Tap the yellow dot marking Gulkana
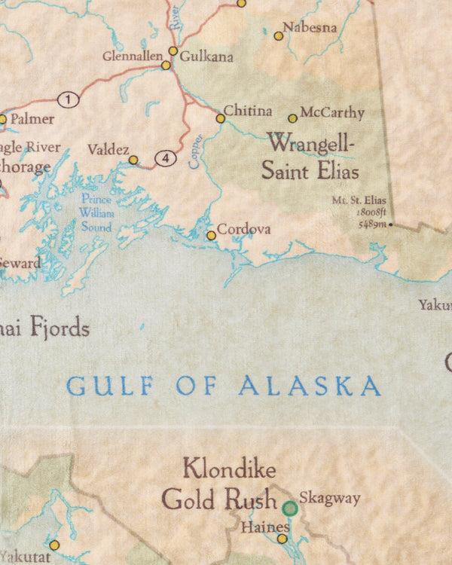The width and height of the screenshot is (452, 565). tap(173, 51)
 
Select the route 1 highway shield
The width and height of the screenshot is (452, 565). tap(69, 99)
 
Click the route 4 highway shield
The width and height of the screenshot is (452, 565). tap(166, 158)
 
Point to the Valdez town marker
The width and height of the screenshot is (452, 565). tap(133, 160)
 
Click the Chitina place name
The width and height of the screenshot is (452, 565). tap(248, 111)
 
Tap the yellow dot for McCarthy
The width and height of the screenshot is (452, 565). tap(292, 118)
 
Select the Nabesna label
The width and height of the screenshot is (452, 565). tap(310, 28)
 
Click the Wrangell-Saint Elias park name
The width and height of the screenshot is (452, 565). tap(310, 156)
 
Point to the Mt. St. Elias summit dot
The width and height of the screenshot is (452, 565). tap(390, 224)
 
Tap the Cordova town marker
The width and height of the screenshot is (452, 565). tap(211, 236)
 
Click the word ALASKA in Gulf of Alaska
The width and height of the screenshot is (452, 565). tap(310, 386)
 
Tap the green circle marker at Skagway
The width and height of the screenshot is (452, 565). tap(290, 508)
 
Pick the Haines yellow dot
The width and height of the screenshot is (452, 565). tap(282, 539)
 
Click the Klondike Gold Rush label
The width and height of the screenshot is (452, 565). tap(218, 484)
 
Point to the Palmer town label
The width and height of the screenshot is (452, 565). tap(32, 119)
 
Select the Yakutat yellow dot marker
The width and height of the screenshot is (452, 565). tap(54, 545)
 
